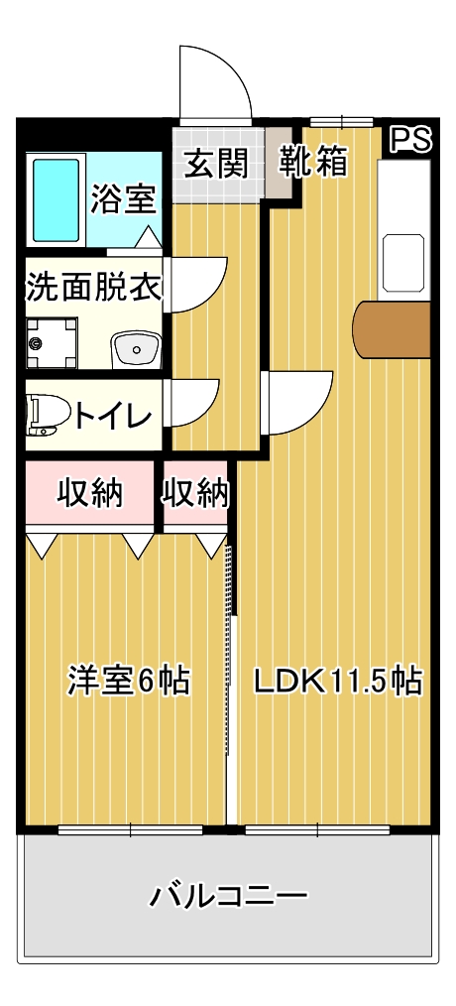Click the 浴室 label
tap(123, 198)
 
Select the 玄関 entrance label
tap(217, 165)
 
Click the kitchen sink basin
tap(404, 262)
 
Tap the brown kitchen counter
tap(392, 329)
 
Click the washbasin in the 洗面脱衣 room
tap(136, 349)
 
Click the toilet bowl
tap(47, 416)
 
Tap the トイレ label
tap(114, 417)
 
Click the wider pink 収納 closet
tap(90, 493)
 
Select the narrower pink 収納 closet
tap(195, 493)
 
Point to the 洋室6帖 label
tap(129, 681)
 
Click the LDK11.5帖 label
tap(339, 682)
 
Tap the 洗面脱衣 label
tap(93, 287)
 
